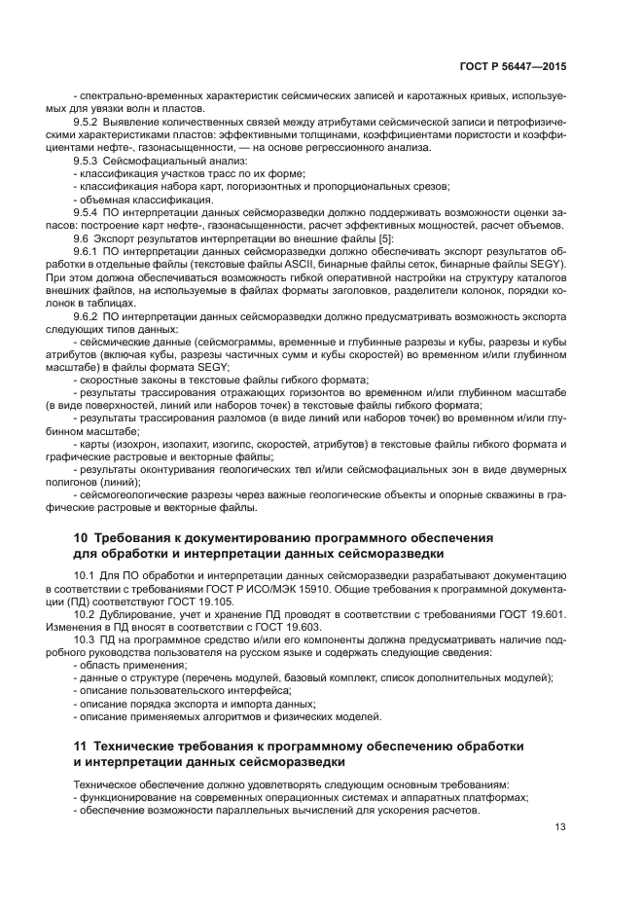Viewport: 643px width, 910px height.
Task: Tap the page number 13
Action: (x=560, y=827)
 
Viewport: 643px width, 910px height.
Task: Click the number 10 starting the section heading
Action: (x=82, y=538)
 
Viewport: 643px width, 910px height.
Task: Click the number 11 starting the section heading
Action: (x=82, y=746)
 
